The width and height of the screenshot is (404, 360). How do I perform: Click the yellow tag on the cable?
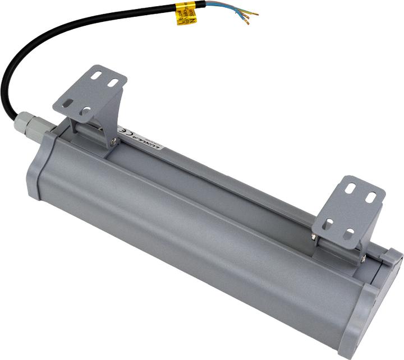tap(186, 13)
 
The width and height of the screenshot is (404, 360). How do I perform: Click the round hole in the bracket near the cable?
tap(85, 112)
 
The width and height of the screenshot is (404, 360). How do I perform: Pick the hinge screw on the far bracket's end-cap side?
tap(363, 259)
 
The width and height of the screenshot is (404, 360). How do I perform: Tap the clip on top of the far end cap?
tap(391, 257)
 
